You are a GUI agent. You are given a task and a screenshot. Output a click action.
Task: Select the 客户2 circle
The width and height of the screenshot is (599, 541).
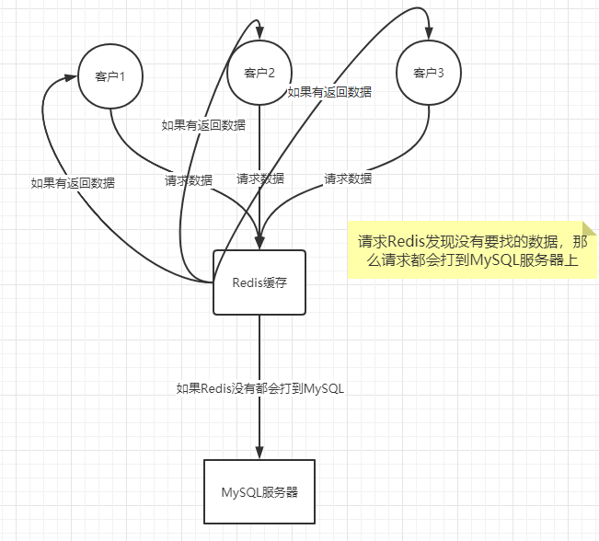(x=260, y=73)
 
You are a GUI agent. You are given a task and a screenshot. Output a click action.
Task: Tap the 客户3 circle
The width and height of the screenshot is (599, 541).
(x=429, y=73)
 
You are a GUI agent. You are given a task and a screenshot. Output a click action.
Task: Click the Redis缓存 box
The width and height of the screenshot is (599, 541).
(x=259, y=282)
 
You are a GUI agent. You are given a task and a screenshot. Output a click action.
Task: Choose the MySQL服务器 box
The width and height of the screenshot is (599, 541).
(x=259, y=492)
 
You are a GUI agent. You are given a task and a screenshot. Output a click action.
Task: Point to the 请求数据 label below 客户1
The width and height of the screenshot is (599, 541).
(x=189, y=179)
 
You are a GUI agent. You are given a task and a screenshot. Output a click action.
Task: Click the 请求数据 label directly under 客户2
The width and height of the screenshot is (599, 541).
(x=260, y=178)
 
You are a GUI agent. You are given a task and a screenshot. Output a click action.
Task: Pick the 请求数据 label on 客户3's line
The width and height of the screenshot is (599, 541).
(x=349, y=178)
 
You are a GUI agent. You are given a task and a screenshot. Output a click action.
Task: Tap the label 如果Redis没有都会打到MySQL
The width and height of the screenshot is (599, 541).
(x=260, y=388)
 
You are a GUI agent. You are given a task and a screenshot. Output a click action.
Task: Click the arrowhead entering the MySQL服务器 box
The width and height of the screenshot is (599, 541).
(x=259, y=453)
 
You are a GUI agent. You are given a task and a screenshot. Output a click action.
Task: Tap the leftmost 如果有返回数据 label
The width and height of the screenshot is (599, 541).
(x=73, y=183)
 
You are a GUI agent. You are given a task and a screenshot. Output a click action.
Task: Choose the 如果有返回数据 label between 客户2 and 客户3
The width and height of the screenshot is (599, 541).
(x=329, y=92)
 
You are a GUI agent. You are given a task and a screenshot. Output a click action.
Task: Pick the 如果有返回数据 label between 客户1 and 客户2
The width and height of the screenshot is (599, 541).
(x=203, y=125)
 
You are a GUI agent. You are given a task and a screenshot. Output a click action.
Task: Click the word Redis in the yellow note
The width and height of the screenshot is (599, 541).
(x=404, y=242)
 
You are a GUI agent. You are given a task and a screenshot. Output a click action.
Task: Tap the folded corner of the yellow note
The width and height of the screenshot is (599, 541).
(x=588, y=229)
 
